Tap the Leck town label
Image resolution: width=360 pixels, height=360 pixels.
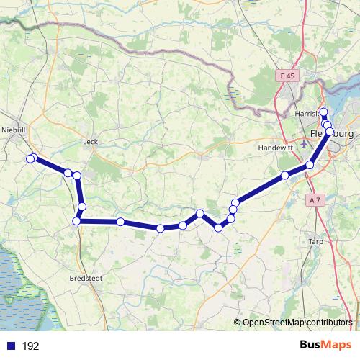click(x=90, y=142)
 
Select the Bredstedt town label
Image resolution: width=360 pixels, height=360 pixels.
click(x=84, y=278)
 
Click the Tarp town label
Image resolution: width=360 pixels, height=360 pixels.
click(x=316, y=241)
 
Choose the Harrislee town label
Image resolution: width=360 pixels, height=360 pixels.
click(x=307, y=114)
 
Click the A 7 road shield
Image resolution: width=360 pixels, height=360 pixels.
click(x=314, y=199)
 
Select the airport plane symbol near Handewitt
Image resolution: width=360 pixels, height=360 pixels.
click(x=303, y=143)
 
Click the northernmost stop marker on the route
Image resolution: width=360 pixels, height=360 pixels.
click(x=323, y=112)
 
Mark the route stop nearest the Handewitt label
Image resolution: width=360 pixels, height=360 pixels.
click(x=285, y=175)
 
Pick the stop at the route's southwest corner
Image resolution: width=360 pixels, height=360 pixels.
click(x=76, y=221)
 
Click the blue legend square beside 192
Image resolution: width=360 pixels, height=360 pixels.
click(x=9, y=346)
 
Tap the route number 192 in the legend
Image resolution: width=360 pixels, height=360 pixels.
click(x=30, y=346)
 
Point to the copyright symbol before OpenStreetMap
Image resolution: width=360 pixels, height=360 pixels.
click(x=237, y=323)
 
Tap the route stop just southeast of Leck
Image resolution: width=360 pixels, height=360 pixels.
click(x=76, y=176)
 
